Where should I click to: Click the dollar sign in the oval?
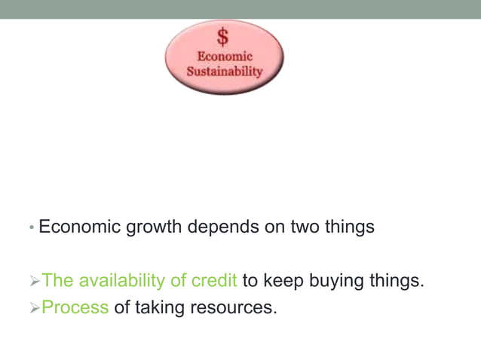pyautogui.click(x=223, y=36)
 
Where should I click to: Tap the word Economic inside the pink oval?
pyautogui.click(x=224, y=56)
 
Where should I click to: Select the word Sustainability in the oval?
pyautogui.click(x=224, y=72)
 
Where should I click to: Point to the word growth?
pyautogui.click(x=153, y=227)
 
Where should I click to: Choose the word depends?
pyautogui.click(x=223, y=227)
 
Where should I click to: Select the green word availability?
pyautogui.click(x=123, y=281)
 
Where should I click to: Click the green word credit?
pyautogui.click(x=215, y=281)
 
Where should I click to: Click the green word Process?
pyautogui.click(x=75, y=307)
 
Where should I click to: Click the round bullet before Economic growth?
pyautogui.click(x=31, y=227)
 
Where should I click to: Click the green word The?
pyautogui.click(x=58, y=281)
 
